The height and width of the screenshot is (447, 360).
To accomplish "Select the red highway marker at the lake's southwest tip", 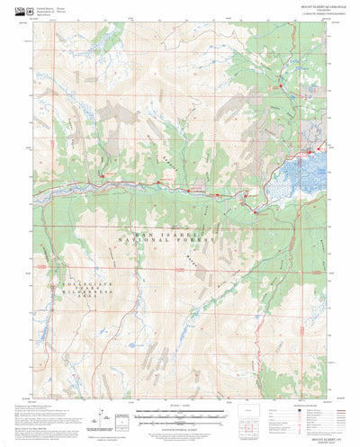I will click(x=255, y=211).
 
